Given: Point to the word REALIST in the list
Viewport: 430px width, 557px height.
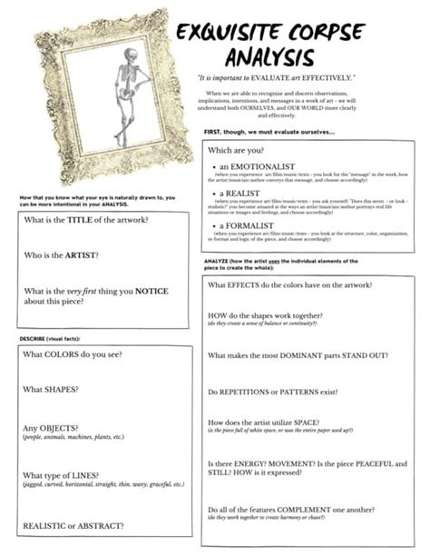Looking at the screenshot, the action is coord(243,194).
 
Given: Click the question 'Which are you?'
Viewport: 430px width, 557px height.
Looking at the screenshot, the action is coord(235,148).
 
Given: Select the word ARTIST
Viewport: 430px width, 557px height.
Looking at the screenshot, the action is coord(81,255).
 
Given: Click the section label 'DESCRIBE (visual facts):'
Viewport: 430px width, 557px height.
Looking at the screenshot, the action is coord(51,338).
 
